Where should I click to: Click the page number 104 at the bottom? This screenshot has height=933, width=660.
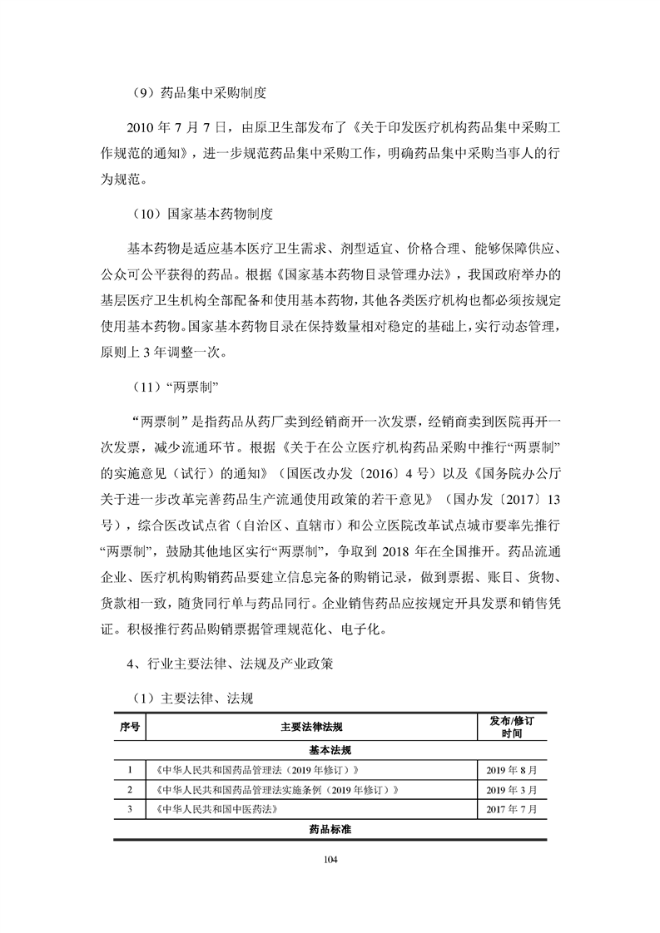click(x=330, y=859)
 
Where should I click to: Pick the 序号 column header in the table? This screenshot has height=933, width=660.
click(x=130, y=727)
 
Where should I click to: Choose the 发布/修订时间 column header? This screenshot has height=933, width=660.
click(x=512, y=727)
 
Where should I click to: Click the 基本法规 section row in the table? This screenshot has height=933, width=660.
click(x=330, y=749)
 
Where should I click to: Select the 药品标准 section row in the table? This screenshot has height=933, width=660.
click(x=330, y=830)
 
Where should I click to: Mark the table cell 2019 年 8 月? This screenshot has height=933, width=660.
click(x=512, y=769)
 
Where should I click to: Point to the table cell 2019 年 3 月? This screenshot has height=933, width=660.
click(x=512, y=789)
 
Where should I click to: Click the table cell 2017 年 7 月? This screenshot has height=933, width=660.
click(x=512, y=809)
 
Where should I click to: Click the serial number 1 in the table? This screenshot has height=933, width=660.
click(x=130, y=769)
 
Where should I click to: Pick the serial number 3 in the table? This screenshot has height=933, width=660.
click(x=130, y=809)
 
